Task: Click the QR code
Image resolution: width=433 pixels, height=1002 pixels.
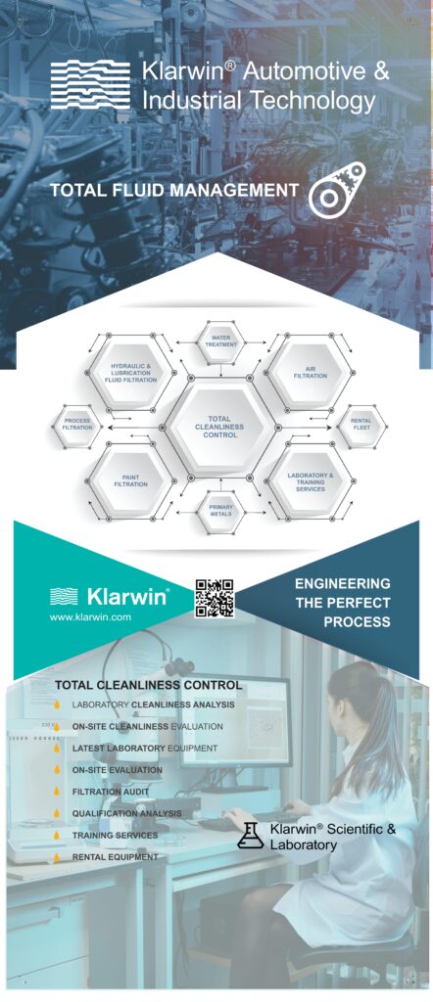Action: tap(215, 598)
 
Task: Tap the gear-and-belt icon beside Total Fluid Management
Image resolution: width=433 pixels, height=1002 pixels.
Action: tap(337, 189)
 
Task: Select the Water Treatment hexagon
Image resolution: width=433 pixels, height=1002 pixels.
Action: tap(220, 340)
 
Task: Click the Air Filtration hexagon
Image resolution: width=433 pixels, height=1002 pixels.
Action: tap(311, 372)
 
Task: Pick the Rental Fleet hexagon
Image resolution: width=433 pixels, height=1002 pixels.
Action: tap(361, 427)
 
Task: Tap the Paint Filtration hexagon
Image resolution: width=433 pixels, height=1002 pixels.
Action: tap(130, 480)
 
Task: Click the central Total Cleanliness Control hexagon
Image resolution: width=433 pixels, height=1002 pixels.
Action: tap(220, 427)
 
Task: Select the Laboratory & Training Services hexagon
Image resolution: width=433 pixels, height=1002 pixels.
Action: tap(311, 480)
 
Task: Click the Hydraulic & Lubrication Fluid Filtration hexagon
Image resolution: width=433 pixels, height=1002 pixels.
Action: tap(130, 372)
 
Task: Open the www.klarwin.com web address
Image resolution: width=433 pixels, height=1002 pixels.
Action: tap(90, 616)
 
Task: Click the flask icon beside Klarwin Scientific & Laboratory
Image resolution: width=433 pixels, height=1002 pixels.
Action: tap(250, 836)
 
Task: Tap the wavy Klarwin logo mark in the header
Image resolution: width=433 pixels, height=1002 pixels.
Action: tap(90, 85)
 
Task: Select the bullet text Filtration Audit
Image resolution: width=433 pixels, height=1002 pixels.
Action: tap(111, 791)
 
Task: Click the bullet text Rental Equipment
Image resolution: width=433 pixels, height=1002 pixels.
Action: tap(116, 857)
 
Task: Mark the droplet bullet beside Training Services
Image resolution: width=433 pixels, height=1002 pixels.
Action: tap(57, 836)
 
